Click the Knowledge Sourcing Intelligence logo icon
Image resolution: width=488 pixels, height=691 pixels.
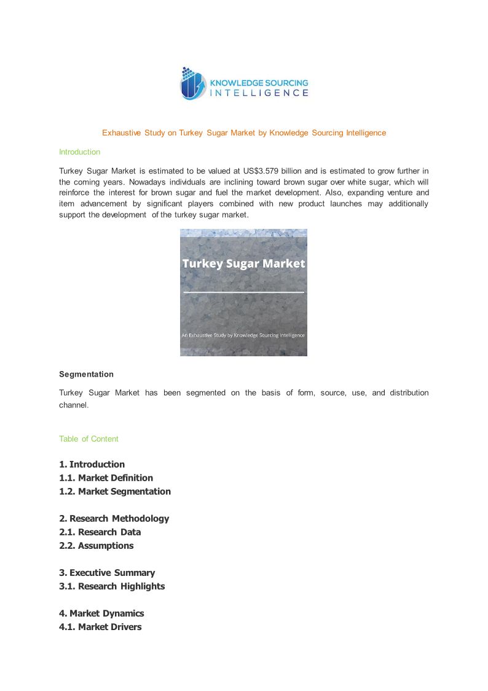[x=192, y=84]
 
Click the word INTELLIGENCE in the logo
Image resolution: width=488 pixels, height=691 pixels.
[x=259, y=93]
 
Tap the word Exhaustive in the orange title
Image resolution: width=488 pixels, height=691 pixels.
[x=122, y=133]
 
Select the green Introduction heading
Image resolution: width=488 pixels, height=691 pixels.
[x=79, y=152]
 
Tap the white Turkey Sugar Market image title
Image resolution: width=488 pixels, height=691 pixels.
[x=243, y=263]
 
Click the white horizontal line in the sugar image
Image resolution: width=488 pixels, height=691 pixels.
[x=243, y=292]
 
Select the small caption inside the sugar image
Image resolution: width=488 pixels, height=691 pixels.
[x=243, y=335]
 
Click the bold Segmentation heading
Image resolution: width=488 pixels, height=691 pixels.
[x=86, y=374]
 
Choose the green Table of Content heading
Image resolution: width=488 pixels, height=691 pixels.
[x=89, y=439]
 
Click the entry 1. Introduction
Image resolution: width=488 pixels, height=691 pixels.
[x=92, y=465]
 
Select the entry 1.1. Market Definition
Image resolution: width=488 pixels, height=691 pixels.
[x=106, y=478]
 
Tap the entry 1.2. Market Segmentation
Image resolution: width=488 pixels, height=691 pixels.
[x=115, y=492]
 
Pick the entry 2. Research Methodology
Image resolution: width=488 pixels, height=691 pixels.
[x=114, y=519]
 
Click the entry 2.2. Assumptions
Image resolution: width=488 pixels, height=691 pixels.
[x=96, y=546]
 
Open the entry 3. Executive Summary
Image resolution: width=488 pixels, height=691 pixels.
[x=107, y=573]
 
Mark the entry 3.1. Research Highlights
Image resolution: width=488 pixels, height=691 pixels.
[x=112, y=586]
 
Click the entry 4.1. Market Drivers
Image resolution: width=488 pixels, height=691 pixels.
[x=100, y=627]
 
